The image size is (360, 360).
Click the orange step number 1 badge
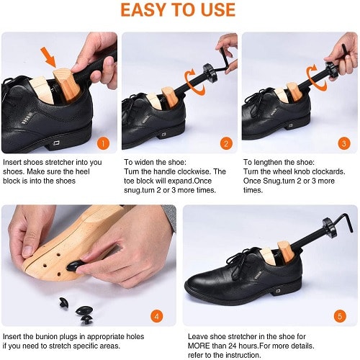(103, 143)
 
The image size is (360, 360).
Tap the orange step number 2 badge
(226, 143)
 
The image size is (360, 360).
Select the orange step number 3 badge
(344, 143)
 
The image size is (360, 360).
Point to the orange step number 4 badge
(157, 316)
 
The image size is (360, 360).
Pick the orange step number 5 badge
(340, 316)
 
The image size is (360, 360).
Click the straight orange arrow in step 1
(49, 57)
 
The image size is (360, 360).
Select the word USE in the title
(219, 10)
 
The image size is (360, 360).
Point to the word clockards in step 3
(328, 171)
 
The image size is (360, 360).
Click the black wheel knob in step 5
(329, 228)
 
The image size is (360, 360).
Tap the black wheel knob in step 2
(210, 73)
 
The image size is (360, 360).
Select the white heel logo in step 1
(56, 143)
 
